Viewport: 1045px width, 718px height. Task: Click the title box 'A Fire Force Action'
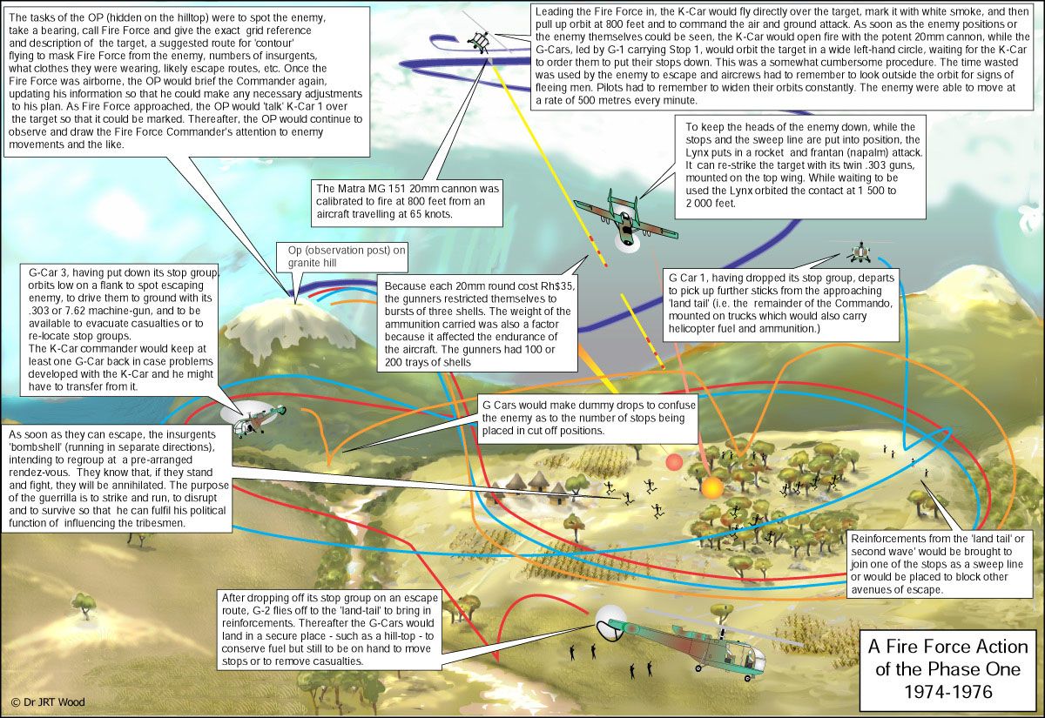[x=947, y=669]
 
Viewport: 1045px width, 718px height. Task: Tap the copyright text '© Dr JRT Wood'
[x=48, y=701]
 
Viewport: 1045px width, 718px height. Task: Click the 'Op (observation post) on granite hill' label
[x=341, y=257]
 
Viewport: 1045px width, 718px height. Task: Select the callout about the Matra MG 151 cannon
[x=407, y=202]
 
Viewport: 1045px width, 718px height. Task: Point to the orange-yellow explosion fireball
[x=712, y=488]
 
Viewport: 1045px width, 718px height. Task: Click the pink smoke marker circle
[x=674, y=462]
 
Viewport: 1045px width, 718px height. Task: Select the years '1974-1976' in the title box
[x=948, y=692]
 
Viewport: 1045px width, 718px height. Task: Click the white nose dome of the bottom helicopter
[x=611, y=622]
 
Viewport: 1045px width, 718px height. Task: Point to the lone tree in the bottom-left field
[x=84, y=605]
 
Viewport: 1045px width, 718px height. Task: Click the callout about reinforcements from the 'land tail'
[x=938, y=565]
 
